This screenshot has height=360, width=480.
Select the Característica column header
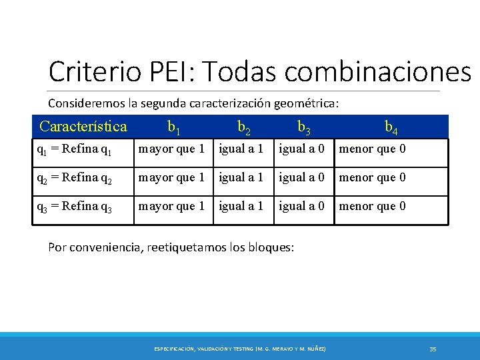[x=83, y=126]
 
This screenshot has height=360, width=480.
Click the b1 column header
[x=173, y=127]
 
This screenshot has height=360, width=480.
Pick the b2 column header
[x=244, y=127]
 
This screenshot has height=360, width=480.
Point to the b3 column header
[x=303, y=127]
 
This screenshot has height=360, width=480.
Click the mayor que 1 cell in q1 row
[x=171, y=149]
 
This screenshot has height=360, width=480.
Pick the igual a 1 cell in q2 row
[x=241, y=177]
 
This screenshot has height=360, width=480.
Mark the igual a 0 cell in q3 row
[x=301, y=206]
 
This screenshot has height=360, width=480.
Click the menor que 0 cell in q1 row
[x=373, y=149]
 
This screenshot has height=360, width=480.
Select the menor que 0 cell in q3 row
[x=373, y=206]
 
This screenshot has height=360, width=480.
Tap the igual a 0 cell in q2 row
[x=301, y=177]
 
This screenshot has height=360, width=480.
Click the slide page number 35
[x=433, y=349]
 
